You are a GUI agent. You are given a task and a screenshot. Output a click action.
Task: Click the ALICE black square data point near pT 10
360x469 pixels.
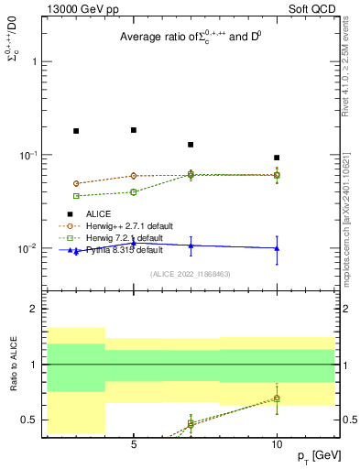277,158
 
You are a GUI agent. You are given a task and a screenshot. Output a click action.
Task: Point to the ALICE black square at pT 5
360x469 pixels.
134,130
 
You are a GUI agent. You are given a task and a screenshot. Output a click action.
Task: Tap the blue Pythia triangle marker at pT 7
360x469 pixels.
191,245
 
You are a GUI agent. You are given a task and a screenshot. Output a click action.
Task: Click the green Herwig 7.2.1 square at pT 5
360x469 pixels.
134,192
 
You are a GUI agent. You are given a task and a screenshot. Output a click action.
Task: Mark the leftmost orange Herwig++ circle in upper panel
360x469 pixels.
76,183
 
